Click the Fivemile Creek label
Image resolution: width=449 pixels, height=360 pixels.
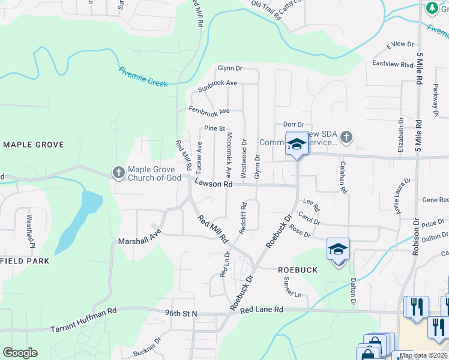click(x=143, y=78)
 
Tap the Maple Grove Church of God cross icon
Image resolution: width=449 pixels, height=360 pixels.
click(x=118, y=173)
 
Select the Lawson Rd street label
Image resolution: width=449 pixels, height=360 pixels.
click(x=213, y=185)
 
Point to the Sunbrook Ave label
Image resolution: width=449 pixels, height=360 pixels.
click(x=218, y=85)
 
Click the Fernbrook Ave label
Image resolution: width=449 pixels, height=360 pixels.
click(x=208, y=111)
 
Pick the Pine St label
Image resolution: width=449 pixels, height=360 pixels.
click(x=214, y=128)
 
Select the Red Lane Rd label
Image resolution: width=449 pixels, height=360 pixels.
click(x=261, y=310)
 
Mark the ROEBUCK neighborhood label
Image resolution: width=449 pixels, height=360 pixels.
click(x=298, y=270)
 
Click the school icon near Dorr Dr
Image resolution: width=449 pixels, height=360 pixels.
click(x=297, y=143)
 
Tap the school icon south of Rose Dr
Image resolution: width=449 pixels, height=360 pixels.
click(x=338, y=248)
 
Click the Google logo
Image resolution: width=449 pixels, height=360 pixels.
click(x=20, y=353)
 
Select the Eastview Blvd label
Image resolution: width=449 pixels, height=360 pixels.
click(x=393, y=64)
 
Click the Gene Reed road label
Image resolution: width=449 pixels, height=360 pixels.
click(x=435, y=200)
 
